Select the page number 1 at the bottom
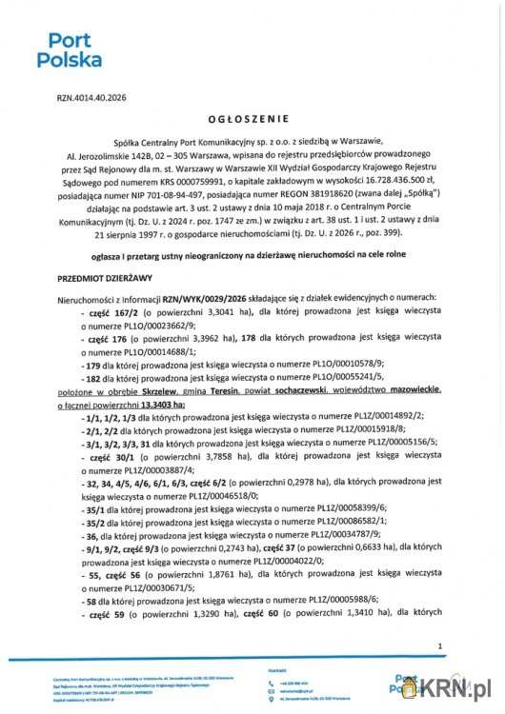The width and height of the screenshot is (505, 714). click(x=440, y=646)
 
